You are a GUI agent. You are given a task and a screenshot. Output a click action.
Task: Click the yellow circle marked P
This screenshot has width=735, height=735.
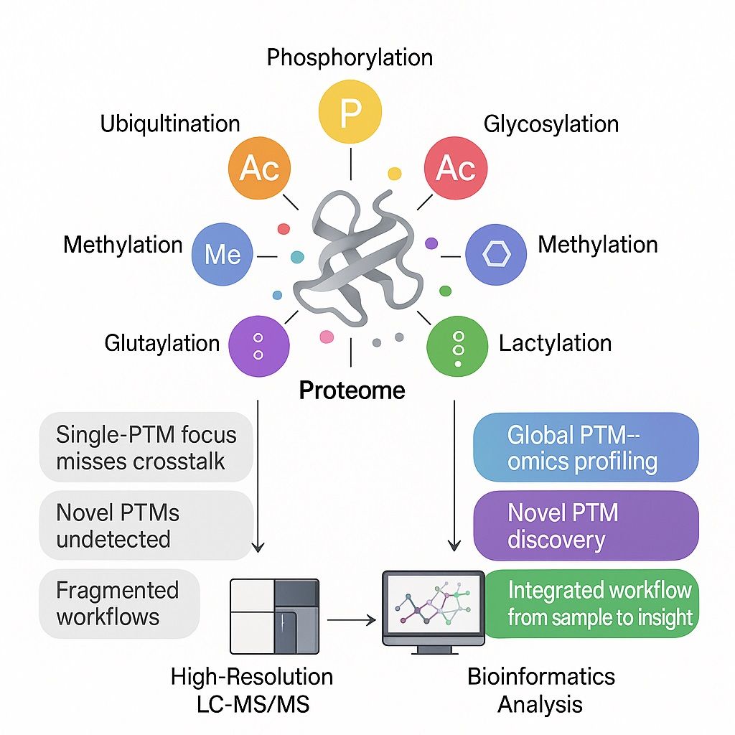[350, 111]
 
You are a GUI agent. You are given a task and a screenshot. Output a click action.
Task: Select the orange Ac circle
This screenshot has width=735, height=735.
[259, 169]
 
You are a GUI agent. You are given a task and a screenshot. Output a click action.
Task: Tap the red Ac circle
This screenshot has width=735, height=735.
[456, 169]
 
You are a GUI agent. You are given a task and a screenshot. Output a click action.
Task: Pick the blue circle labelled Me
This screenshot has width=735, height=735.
[223, 255]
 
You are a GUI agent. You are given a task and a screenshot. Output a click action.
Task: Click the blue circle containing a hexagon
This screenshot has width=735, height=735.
[496, 255]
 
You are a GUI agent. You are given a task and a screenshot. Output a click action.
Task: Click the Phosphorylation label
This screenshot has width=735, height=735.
[350, 57]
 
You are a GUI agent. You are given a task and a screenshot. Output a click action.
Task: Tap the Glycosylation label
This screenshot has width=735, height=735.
[551, 124]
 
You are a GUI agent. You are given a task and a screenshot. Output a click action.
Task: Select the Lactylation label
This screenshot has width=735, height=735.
[555, 343]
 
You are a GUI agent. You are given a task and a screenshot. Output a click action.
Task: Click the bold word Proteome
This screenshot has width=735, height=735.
[352, 390]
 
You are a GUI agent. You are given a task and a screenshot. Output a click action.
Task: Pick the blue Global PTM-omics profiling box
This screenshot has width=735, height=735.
[586, 447]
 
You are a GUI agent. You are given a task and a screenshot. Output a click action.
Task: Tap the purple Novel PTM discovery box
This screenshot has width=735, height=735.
[586, 526]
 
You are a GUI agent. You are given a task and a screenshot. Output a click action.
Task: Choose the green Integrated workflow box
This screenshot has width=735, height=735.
[591, 604]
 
